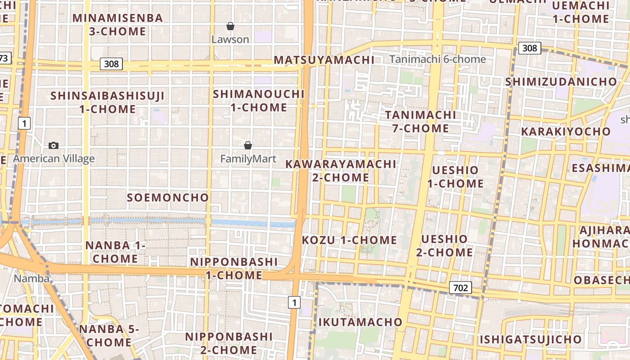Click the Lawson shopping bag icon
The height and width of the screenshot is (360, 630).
pyautogui.click(x=230, y=26)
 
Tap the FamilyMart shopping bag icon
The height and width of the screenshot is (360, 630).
pyautogui.click(x=247, y=145)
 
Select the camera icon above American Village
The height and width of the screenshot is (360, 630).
pyautogui.click(x=54, y=145)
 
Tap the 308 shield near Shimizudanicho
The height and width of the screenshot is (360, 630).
pyautogui.click(x=529, y=48)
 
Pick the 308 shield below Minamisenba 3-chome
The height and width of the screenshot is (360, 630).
pyautogui.click(x=111, y=64)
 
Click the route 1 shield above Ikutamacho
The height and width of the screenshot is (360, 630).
pyautogui.click(x=294, y=302)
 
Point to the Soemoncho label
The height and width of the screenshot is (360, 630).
pyautogui.click(x=168, y=198)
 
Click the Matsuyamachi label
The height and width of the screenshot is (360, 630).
pyautogui.click(x=324, y=60)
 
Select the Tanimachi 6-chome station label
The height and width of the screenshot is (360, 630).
pyautogui.click(x=438, y=59)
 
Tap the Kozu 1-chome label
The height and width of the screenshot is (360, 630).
pyautogui.click(x=350, y=240)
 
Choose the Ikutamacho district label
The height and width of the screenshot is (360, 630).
pyautogui.click(x=360, y=322)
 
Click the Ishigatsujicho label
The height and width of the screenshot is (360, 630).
pyautogui.click(x=530, y=339)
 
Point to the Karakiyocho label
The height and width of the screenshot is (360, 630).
pyautogui.click(x=566, y=132)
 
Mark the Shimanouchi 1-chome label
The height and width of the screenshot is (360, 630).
pyautogui.click(x=259, y=101)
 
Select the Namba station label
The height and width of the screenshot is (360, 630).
pyautogui.click(x=31, y=279)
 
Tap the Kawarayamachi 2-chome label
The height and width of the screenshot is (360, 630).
pyautogui.click(x=341, y=171)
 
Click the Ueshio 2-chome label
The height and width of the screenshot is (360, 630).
pyautogui.click(x=445, y=245)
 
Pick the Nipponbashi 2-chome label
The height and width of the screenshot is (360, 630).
pyautogui.click(x=229, y=343)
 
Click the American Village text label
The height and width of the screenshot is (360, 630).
pyautogui.click(x=54, y=158)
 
